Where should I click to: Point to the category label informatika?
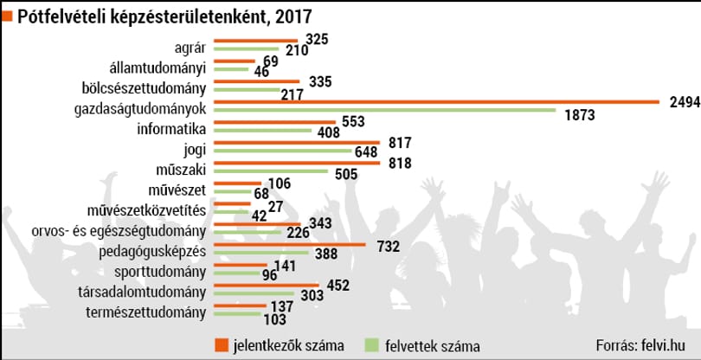coord(171,130)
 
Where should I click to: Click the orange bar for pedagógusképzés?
coord(290,245)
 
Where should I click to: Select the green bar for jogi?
coord(283,151)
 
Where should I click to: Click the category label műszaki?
coord(181,170)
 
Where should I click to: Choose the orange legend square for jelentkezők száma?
coord(222,345)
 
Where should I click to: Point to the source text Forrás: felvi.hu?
coord(646,344)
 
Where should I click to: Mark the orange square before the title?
coord(8,16)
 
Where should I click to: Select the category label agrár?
coord(190,48)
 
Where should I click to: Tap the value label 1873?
coord(580,115)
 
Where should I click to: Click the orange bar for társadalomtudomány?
coord(267,285)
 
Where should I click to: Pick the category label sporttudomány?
coord(160,272)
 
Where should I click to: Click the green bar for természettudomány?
coord(237,314)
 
